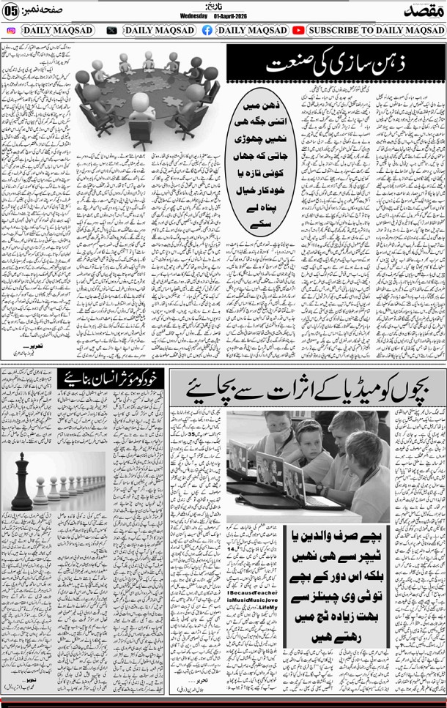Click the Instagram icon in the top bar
tap(11, 30)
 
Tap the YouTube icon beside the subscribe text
tap(298, 30)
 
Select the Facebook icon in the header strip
tap(207, 30)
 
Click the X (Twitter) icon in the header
tap(111, 30)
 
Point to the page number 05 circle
tap(11, 12)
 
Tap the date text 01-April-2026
tap(233, 16)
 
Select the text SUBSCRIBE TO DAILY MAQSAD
tap(376, 30)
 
